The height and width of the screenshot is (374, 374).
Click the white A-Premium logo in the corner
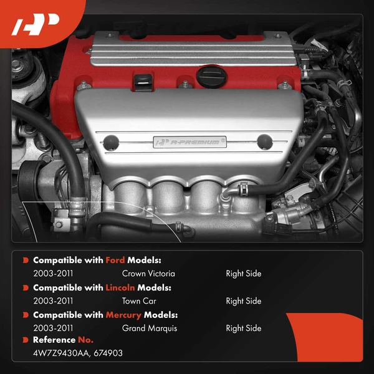(36, 24)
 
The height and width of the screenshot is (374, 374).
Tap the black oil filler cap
(211, 77)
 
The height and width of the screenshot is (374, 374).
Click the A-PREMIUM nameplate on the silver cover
(189, 142)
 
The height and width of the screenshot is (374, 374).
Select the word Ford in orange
(115, 260)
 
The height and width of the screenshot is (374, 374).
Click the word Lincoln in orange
(120, 287)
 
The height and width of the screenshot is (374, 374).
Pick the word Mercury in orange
(123, 315)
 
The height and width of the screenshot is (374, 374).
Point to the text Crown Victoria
(148, 274)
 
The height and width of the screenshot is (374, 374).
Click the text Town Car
(139, 301)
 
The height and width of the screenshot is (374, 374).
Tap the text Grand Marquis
(150, 328)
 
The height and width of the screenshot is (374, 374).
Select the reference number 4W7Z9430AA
(62, 353)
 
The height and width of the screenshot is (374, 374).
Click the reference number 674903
(108, 353)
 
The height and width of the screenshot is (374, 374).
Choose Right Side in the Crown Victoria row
(244, 274)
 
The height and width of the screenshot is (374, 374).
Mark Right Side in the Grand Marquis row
(244, 328)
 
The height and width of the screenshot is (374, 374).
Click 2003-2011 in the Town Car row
(53, 301)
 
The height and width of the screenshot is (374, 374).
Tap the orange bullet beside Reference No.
(26, 340)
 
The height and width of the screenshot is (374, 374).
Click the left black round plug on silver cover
(111, 143)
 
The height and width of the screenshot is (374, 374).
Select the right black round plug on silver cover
(265, 142)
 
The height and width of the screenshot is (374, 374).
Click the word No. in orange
(85, 340)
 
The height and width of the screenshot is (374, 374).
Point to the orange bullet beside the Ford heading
(26, 260)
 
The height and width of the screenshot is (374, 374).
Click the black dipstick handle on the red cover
(143, 82)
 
